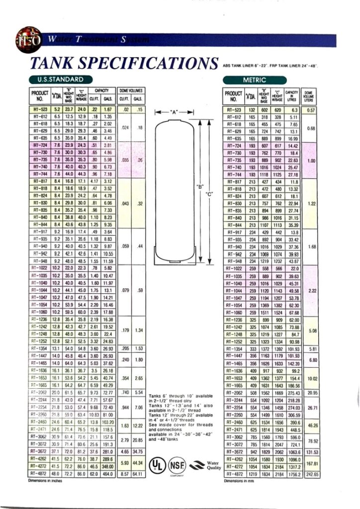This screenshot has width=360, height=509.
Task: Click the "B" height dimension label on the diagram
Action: [x=200, y=187]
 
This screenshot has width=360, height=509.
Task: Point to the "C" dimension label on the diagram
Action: [x=209, y=193]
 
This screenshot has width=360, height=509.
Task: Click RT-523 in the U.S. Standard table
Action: [x=40, y=109]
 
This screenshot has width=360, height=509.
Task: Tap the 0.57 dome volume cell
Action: [x=312, y=109]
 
